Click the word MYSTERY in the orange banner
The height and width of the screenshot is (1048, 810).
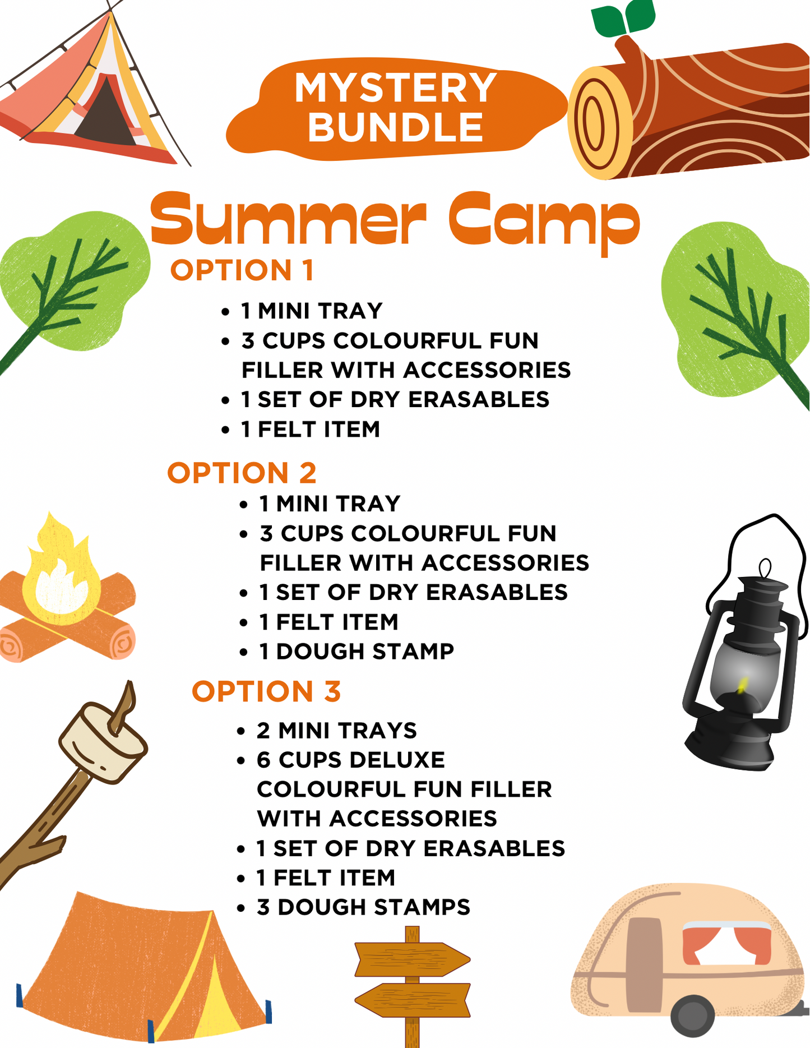click(395, 87)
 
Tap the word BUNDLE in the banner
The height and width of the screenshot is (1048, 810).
click(395, 127)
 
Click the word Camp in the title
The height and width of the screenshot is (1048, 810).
click(544, 221)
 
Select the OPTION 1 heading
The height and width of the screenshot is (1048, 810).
click(242, 270)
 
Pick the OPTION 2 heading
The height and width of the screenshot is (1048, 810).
click(242, 473)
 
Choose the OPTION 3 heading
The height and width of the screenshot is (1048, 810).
click(266, 691)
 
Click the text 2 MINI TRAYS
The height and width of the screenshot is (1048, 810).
click(337, 731)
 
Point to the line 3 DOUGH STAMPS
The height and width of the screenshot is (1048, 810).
click(363, 907)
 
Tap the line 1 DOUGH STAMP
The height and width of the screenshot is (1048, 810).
click(357, 652)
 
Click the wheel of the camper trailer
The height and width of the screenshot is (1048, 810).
click(693, 1017)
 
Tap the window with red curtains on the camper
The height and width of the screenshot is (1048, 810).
click(726, 943)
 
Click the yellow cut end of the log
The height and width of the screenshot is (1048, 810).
click(600, 122)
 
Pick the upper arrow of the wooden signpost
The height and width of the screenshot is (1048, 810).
click(413, 959)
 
